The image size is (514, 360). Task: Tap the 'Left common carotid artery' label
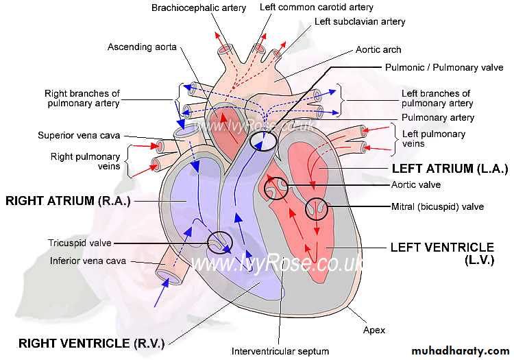317,8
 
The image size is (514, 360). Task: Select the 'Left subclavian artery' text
360,22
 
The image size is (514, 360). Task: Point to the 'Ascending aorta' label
143,47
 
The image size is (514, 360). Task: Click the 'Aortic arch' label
378,50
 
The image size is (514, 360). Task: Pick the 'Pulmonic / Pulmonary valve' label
443,68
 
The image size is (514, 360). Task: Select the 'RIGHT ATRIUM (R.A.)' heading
67,200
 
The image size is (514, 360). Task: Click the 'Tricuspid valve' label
79,243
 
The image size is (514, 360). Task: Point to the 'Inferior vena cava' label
88,261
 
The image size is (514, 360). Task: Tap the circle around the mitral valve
317,208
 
